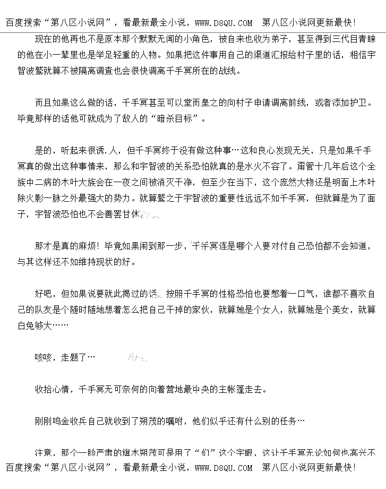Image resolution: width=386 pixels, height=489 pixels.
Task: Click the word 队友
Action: tap(51, 310)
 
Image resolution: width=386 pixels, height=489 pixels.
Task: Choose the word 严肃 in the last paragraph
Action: tap(105, 453)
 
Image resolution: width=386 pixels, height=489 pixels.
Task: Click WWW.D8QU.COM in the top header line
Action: tap(224, 23)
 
